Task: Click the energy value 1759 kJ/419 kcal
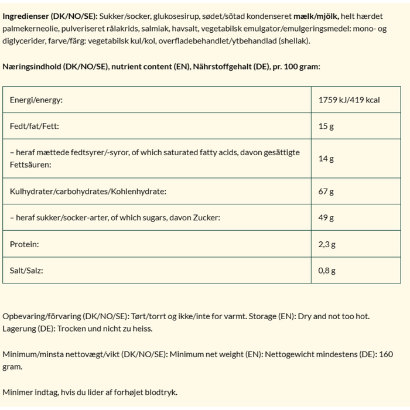point(349,100)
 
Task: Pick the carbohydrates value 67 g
point(326,192)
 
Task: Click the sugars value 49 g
point(326,218)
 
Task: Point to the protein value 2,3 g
point(327,244)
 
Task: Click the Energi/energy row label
point(36,100)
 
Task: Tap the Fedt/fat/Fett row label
point(34,126)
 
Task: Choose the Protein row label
point(24,244)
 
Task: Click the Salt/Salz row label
point(26,271)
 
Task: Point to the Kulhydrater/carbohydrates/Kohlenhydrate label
point(88,192)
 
